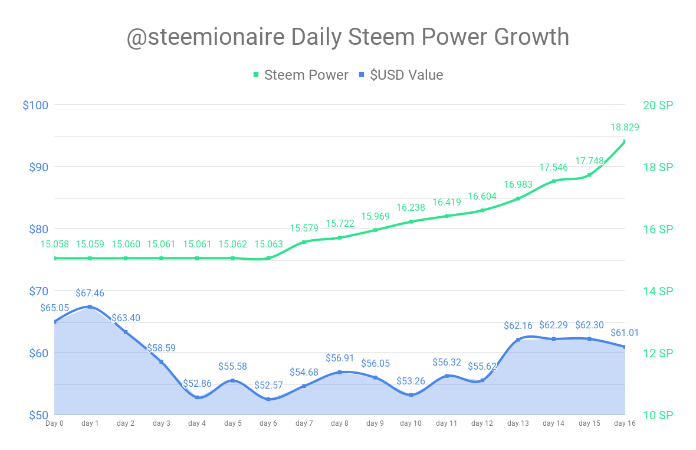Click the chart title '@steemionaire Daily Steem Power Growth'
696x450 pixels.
[348, 37]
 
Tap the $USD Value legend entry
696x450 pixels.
[400, 75]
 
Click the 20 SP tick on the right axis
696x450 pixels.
[658, 105]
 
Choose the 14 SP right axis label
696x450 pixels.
[658, 291]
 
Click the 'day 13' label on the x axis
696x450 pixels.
[518, 423]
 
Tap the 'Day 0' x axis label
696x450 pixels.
[54, 423]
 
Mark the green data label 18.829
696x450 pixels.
[625, 127]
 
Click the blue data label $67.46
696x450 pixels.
[90, 293]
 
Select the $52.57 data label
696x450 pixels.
[268, 385]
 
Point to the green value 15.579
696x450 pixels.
[304, 228]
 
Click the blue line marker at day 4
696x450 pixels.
[197, 397]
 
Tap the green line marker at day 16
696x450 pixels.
[624, 141]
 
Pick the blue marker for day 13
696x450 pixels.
[518, 340]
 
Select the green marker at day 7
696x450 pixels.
[304, 242]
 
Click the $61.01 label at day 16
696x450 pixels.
[625, 332]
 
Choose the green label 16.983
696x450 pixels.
[518, 184]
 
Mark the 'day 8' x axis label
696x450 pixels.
[340, 423]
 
